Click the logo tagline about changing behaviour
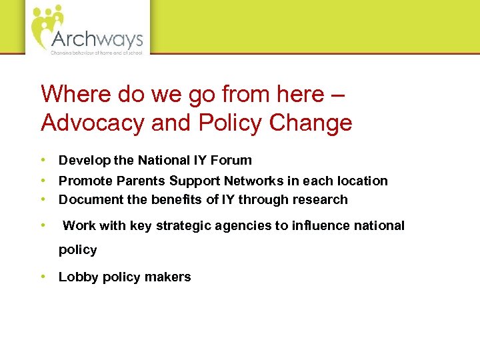pyautogui.click(x=97, y=51)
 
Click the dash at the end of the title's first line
pyautogui.click(x=338, y=95)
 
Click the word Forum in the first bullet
pyautogui.click(x=233, y=160)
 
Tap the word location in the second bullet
pyautogui.click(x=362, y=181)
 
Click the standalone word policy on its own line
pyautogui.click(x=78, y=250)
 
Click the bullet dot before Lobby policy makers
pyautogui.click(x=43, y=277)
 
